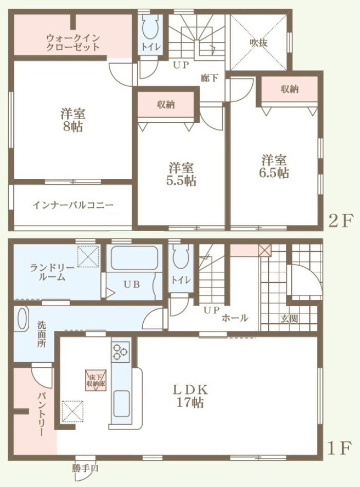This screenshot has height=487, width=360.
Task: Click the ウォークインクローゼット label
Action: pyautogui.click(x=73, y=43)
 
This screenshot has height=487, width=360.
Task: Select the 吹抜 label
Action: pyautogui.click(x=259, y=43)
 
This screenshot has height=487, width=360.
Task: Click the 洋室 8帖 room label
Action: pyautogui.click(x=73, y=120)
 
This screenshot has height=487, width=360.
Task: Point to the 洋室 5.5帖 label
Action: pyautogui.click(x=181, y=174)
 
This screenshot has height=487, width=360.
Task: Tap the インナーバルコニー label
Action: pyautogui.click(x=73, y=205)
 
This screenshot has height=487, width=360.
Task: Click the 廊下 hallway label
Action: pyautogui.click(x=209, y=78)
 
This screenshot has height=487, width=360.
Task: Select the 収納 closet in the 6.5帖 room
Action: pyautogui.click(x=290, y=89)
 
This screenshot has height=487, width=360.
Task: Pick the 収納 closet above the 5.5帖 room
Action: pyautogui.click(x=166, y=105)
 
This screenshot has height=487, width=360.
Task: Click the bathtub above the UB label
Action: pyautogui.click(x=134, y=258)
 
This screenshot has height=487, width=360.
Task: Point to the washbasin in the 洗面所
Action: pyautogui.click(x=22, y=319)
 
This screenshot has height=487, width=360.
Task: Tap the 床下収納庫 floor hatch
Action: pyautogui.click(x=96, y=380)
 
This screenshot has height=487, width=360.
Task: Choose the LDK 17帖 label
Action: pyautogui.click(x=190, y=396)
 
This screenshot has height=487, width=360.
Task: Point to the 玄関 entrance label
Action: pyautogui.click(x=289, y=319)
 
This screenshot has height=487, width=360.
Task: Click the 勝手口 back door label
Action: pyautogui.click(x=85, y=469)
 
